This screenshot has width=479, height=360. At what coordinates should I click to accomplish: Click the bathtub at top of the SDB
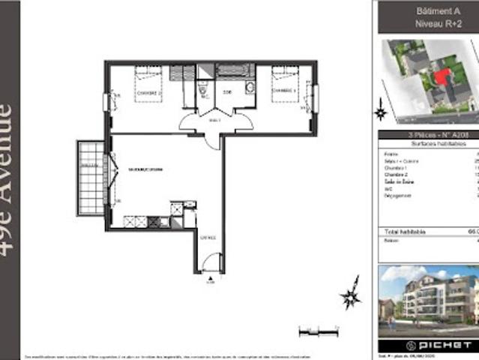(235, 71)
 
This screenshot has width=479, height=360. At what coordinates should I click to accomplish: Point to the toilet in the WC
(202, 91)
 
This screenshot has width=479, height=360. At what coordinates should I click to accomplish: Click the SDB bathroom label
(226, 93)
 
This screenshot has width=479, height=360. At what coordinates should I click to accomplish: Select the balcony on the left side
(91, 178)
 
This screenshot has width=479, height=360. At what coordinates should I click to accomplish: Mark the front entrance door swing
(212, 262)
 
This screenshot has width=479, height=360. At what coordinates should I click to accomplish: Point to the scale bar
(315, 330)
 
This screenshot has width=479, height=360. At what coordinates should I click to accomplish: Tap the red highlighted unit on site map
(442, 76)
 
